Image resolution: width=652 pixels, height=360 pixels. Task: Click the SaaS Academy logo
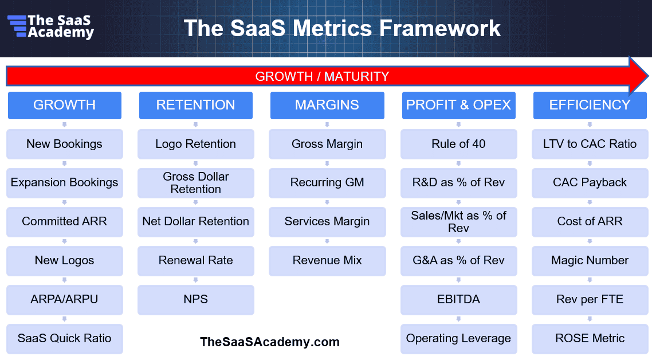click(50, 26)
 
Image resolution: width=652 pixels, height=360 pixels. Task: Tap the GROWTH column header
click(64, 105)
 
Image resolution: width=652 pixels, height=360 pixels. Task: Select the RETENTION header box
click(196, 105)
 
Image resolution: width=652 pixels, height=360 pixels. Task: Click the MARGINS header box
click(327, 105)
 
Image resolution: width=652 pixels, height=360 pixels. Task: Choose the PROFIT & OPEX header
click(459, 105)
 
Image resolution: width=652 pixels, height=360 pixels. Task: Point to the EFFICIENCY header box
click(590, 105)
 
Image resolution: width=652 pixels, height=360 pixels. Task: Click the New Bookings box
click(64, 144)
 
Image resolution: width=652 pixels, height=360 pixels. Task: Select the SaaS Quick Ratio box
click(64, 339)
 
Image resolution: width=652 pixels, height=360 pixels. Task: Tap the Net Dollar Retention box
click(196, 222)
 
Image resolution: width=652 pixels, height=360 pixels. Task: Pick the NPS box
click(196, 300)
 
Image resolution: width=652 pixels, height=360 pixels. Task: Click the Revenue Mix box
click(327, 261)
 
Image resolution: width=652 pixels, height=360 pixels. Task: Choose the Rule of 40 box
click(459, 144)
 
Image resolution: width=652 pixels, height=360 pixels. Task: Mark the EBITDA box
click(459, 300)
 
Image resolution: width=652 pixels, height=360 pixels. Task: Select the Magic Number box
click(590, 261)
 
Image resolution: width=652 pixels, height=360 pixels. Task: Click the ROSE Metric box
click(590, 339)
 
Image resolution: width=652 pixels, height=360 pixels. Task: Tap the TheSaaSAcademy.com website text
click(270, 342)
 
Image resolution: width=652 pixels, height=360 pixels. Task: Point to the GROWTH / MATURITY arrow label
click(322, 77)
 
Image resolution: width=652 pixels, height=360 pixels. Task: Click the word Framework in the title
click(440, 28)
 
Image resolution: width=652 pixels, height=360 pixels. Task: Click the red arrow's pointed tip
click(648, 76)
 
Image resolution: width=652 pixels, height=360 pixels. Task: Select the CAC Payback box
click(590, 183)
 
